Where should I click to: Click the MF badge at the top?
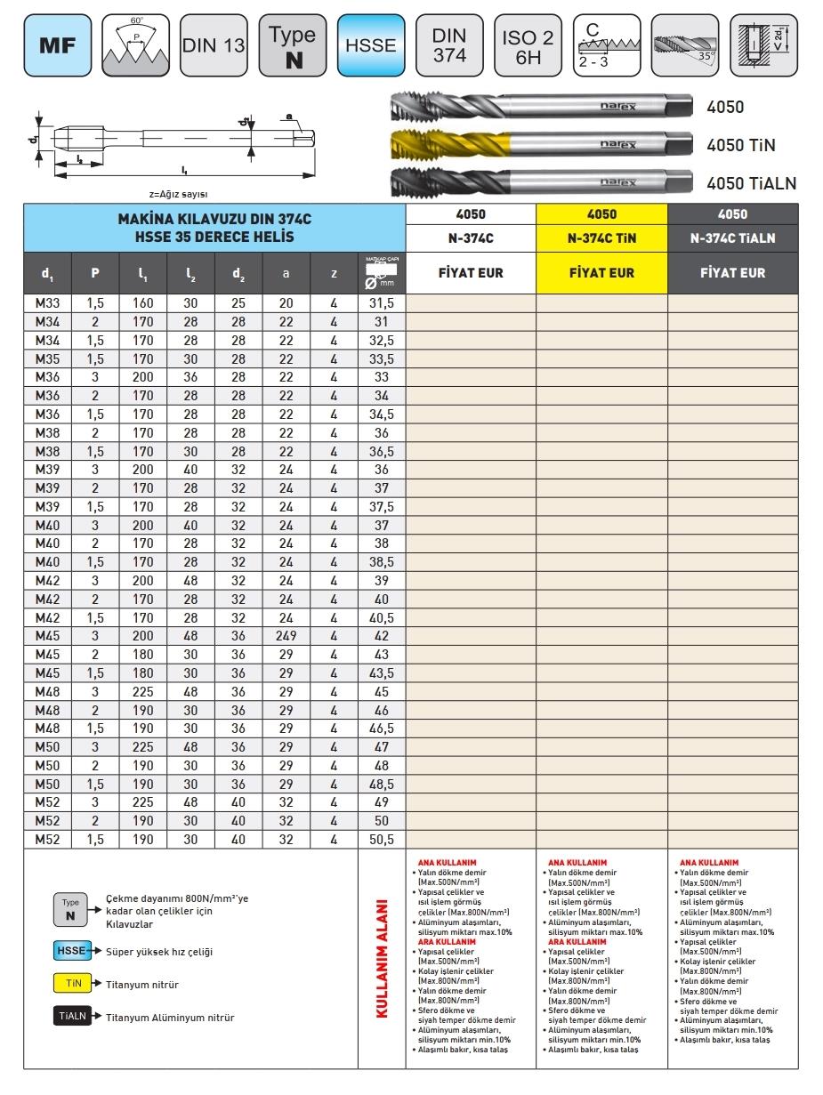[x=57, y=44]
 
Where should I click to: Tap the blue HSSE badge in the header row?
[x=372, y=44]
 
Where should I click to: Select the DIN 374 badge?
[x=449, y=44]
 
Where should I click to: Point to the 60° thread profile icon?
[x=135, y=44]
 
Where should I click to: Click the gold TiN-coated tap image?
[x=540, y=144]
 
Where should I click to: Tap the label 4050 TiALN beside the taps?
[x=751, y=183]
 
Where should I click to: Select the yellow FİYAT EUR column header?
[x=601, y=272]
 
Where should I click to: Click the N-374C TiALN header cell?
[x=733, y=238]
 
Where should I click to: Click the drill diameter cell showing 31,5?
[x=382, y=302]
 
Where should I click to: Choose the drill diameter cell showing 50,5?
[x=382, y=839]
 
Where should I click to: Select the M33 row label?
[x=47, y=302]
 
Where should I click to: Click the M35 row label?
[x=47, y=359]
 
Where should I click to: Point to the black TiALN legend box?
[x=72, y=1017]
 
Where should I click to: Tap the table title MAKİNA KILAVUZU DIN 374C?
[x=214, y=219]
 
